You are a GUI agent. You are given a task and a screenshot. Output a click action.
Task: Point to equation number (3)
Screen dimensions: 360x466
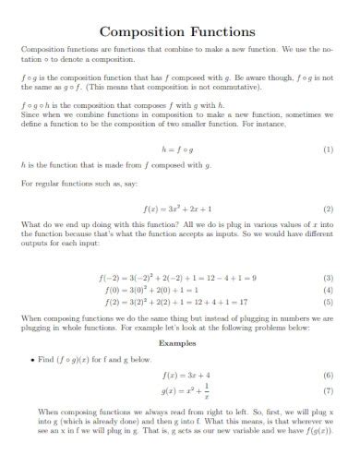point(328,277)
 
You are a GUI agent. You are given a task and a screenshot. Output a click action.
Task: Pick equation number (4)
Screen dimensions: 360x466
point(328,288)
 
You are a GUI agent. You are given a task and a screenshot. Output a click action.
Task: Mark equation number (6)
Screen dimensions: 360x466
point(328,376)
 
